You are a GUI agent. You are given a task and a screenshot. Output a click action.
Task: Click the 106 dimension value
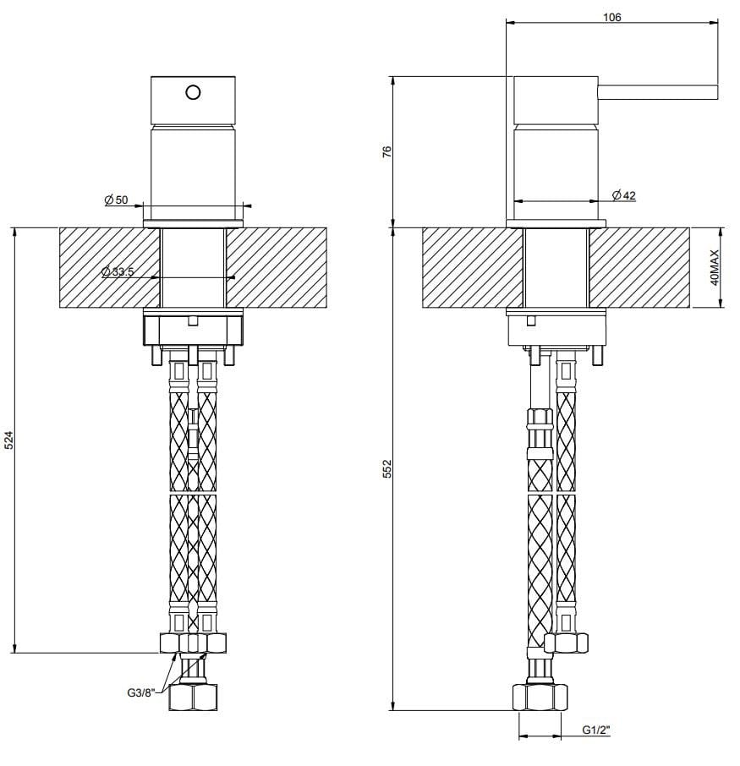click(x=613, y=16)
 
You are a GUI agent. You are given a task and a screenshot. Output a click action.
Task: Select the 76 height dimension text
click(x=386, y=152)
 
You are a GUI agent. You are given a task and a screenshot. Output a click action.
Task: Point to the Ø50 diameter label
click(x=116, y=200)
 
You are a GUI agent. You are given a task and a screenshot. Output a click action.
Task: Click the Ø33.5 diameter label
click(x=118, y=271)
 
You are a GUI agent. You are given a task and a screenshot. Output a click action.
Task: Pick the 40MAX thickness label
click(x=715, y=267)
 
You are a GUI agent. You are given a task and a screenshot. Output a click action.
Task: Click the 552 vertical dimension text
click(x=386, y=468)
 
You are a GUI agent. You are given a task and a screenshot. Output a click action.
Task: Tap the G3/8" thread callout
click(x=133, y=693)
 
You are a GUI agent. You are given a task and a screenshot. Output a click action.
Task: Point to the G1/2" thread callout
click(x=595, y=730)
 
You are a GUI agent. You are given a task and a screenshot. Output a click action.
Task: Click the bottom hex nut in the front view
click(x=194, y=698)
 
